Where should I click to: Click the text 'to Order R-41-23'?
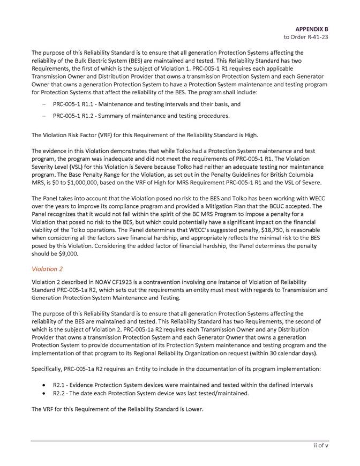point(306,37)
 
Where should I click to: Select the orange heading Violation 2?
point(47,268)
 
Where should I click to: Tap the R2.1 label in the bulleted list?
point(59,385)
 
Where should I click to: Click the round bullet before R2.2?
point(43,393)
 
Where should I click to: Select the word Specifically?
point(49,369)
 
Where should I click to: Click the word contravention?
point(149,282)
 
